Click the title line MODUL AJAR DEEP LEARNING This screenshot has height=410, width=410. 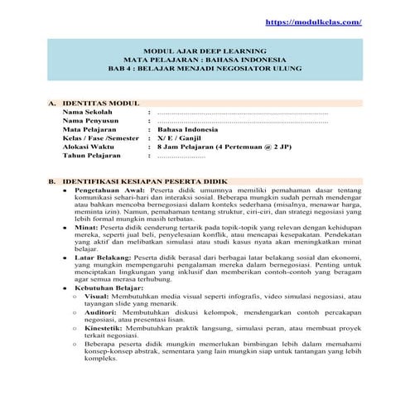pyautogui.click(x=205, y=51)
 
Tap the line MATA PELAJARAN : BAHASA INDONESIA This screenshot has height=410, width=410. pyautogui.click(x=205, y=60)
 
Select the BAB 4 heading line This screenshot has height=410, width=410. pyautogui.click(x=205, y=69)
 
